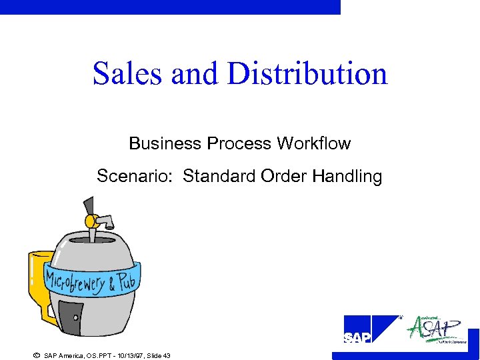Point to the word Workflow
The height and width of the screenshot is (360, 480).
pos(314,143)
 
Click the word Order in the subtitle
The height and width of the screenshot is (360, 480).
pos(283,177)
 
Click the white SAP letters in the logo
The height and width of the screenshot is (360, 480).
pos(357,338)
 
